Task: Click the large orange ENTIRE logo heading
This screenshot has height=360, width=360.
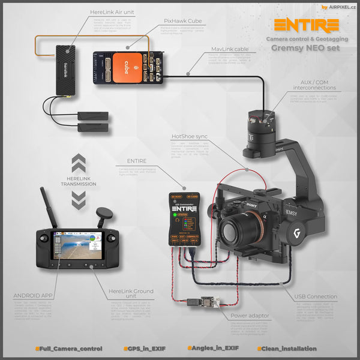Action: pyautogui.click(x=306, y=25)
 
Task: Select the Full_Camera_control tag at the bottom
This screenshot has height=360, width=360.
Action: pyautogui.click(x=68, y=348)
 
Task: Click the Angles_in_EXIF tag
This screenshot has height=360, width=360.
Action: pyautogui.click(x=214, y=348)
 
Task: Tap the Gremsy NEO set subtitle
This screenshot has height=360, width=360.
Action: pyautogui.click(x=306, y=49)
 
